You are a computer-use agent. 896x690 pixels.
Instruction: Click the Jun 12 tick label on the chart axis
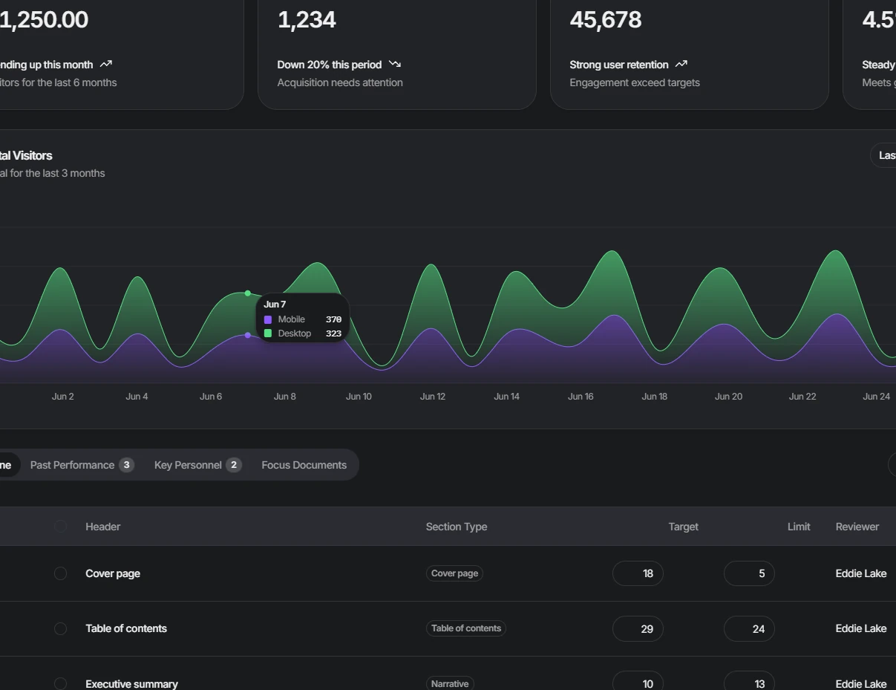pos(432,397)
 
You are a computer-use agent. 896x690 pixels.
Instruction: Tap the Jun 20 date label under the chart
pos(728,397)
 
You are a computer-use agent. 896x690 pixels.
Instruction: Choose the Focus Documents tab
pos(304,465)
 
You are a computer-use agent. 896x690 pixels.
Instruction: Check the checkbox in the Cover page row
pos(61,573)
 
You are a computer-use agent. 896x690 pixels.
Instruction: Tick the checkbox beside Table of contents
pos(61,628)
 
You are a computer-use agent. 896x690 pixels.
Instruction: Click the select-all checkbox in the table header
pos(61,527)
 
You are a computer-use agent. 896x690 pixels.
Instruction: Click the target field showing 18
pos(638,573)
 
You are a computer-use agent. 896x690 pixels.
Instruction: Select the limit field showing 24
pos(749,628)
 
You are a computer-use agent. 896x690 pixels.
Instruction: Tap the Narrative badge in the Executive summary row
pos(450,683)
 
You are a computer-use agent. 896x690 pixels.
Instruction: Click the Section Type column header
pos(457,527)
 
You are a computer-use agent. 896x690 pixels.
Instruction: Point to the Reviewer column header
pos(857,527)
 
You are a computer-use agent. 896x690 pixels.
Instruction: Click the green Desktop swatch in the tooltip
pos(268,333)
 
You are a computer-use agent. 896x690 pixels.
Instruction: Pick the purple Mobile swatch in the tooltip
pos(268,319)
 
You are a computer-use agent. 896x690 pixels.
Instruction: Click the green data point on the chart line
pos(248,293)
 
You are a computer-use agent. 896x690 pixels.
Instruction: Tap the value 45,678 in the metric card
pos(606,20)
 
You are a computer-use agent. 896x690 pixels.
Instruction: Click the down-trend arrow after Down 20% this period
pos(395,65)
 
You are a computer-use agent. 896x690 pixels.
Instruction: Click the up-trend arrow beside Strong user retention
pos(681,65)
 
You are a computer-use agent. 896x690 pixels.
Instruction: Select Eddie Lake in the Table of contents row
pos(860,628)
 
